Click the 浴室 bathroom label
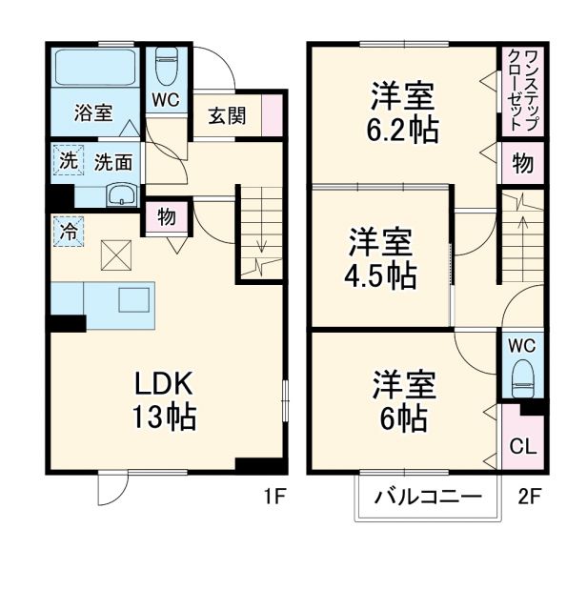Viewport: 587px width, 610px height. click(94, 112)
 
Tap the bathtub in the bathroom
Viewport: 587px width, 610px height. click(94, 69)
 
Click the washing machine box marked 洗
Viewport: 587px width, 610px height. click(67, 161)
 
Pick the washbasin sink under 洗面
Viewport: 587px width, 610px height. click(122, 195)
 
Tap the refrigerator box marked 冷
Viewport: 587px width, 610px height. click(69, 230)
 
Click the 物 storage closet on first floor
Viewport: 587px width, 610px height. click(167, 216)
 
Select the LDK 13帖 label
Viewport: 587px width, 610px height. click(164, 400)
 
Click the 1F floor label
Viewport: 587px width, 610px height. click(275, 497)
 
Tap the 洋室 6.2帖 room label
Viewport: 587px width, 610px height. click(404, 112)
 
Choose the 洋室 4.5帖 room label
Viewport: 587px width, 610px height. click(380, 257)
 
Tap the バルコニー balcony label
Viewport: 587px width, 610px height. click(427, 497)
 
